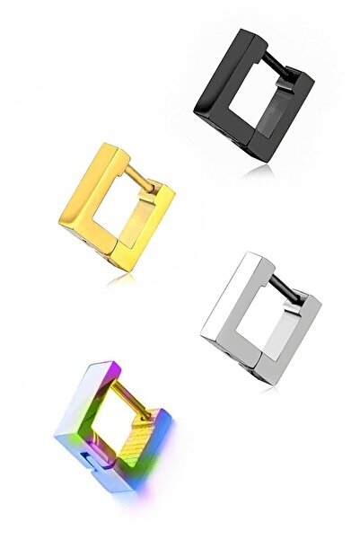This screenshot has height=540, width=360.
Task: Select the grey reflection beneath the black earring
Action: [260, 167]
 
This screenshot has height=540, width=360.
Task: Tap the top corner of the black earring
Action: [244, 33]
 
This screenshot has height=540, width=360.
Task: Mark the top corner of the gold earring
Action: [110, 145]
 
